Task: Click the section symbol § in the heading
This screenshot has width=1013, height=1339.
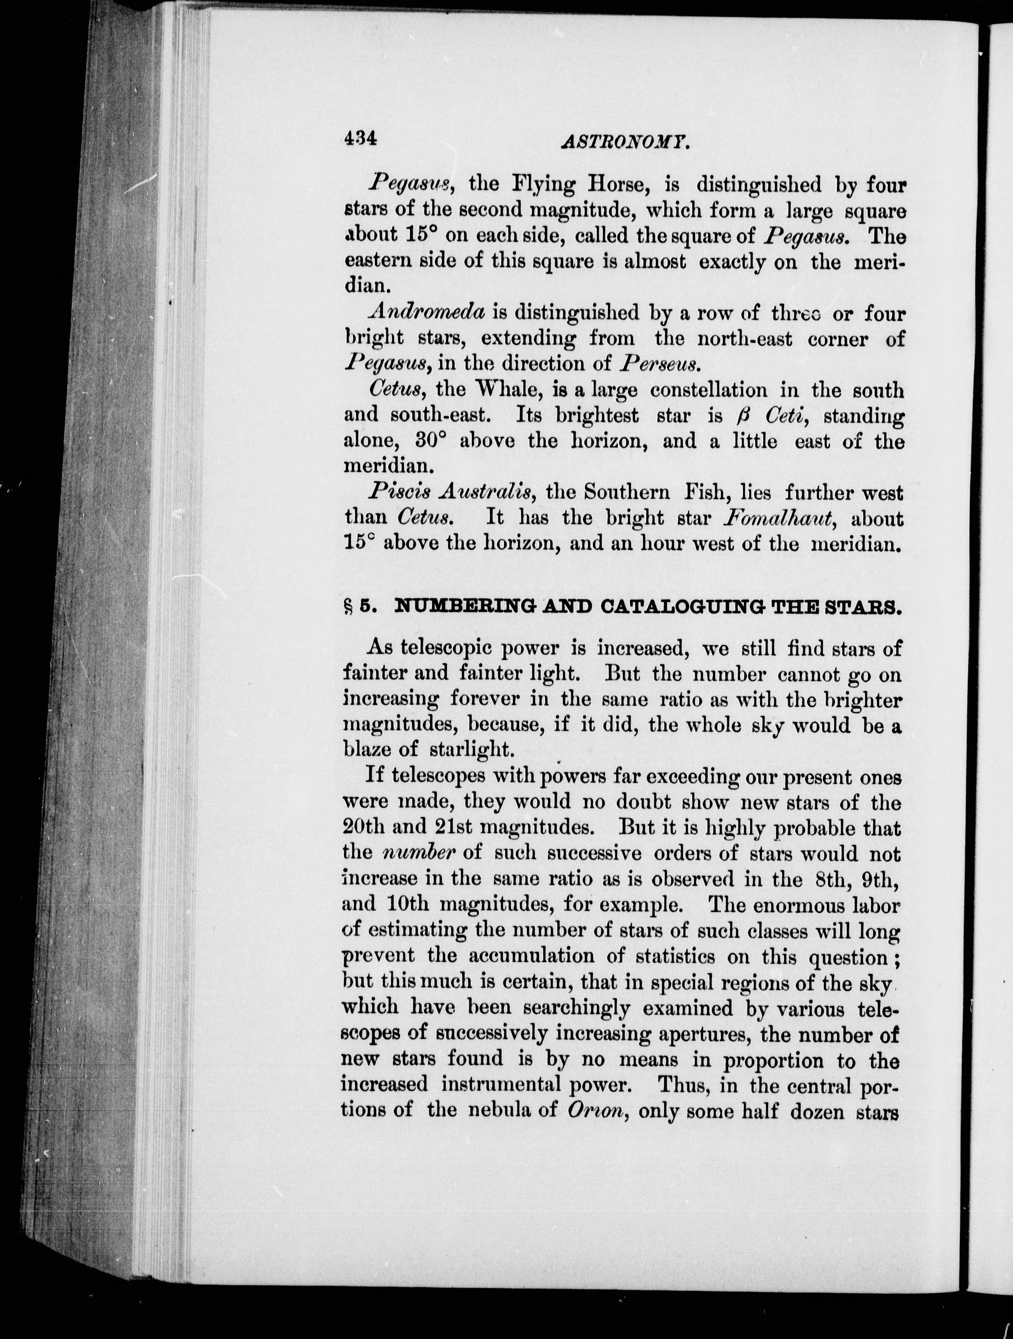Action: coord(348,607)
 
